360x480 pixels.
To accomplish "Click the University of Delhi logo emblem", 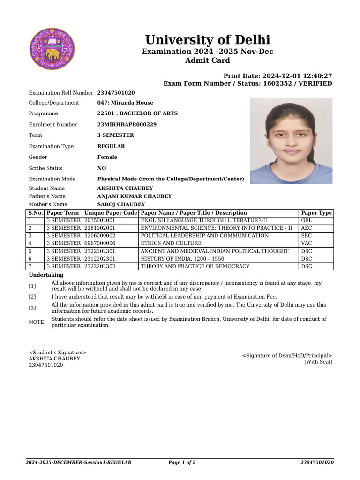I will tap(52, 49).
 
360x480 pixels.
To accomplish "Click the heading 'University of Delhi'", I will tap(207, 39).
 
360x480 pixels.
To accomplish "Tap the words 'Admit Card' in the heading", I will tap(207, 60).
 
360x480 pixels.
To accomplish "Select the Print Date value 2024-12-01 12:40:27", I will tap(297, 76).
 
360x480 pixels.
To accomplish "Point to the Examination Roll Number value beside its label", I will tap(116, 93).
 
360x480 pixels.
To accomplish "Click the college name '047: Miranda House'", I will tap(125, 103).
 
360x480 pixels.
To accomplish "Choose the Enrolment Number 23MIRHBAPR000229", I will tap(127, 125).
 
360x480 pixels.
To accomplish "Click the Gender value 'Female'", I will tap(107, 157).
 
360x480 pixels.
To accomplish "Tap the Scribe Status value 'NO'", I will tap(102, 168).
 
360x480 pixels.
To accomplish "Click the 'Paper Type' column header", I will tap(316, 213).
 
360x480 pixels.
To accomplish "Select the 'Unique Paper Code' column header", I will tap(111, 213).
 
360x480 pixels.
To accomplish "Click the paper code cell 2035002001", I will tap(100, 220).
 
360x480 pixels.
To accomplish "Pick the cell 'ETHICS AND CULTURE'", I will tap(171, 243).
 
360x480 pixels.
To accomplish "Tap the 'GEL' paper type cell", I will tap(307, 220).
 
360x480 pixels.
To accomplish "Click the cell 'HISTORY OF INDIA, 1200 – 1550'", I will tap(182, 259).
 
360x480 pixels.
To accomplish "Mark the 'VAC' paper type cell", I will tap(307, 243).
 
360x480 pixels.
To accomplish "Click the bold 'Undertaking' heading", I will tap(46, 275).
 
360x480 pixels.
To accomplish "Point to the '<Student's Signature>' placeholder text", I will tap(58, 352).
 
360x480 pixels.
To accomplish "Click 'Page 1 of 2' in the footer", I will tap(182, 463).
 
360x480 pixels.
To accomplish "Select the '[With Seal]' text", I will tap(318, 362).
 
